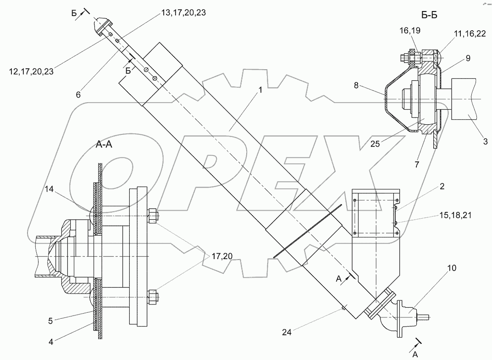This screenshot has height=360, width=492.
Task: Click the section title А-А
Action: click(x=104, y=144)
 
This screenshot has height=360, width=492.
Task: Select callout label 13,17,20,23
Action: click(x=183, y=12)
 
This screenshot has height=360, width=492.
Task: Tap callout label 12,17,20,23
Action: click(x=31, y=72)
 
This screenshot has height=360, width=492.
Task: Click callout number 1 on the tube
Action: click(x=260, y=90)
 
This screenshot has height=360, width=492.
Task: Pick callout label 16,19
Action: click(x=410, y=30)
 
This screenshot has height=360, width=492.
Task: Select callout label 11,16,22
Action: click(x=470, y=33)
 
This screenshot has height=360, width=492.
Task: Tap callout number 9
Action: click(x=468, y=58)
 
